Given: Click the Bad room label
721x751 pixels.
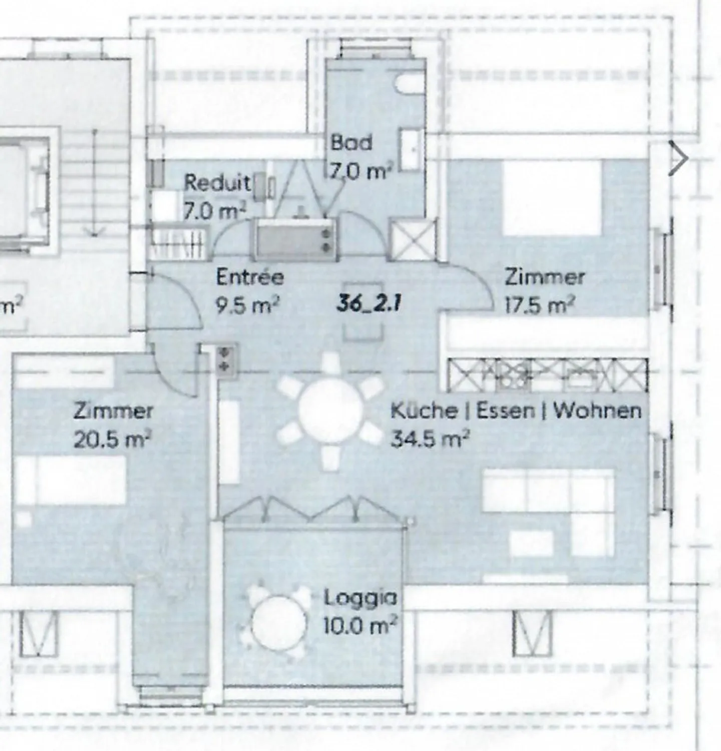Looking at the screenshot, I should (x=351, y=143).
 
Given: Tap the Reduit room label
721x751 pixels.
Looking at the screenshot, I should (x=217, y=183).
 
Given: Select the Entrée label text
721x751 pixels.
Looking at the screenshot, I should (x=250, y=277).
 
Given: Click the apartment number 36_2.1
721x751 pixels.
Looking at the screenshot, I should (x=369, y=303).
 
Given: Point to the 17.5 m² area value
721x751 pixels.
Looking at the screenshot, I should (x=539, y=305).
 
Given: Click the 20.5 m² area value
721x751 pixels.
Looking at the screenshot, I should (x=112, y=440).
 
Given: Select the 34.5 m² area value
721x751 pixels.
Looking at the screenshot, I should (x=429, y=439).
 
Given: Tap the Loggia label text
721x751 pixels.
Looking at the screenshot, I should (x=359, y=598).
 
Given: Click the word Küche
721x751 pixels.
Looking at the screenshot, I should (x=424, y=411).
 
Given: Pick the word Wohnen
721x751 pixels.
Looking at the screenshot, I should (x=597, y=411).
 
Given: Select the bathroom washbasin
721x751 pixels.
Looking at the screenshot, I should (x=412, y=149).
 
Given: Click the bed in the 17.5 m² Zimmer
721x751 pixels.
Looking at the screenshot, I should (x=551, y=198).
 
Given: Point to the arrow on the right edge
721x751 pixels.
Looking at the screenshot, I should (x=678, y=159).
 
